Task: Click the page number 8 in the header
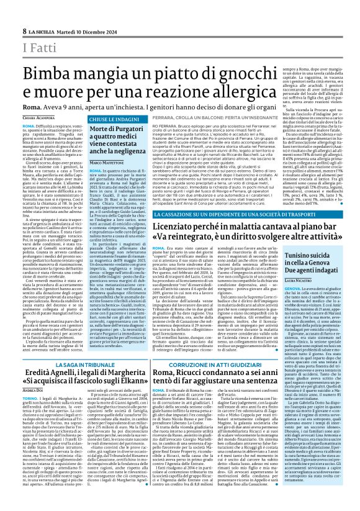[x=24, y=31]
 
